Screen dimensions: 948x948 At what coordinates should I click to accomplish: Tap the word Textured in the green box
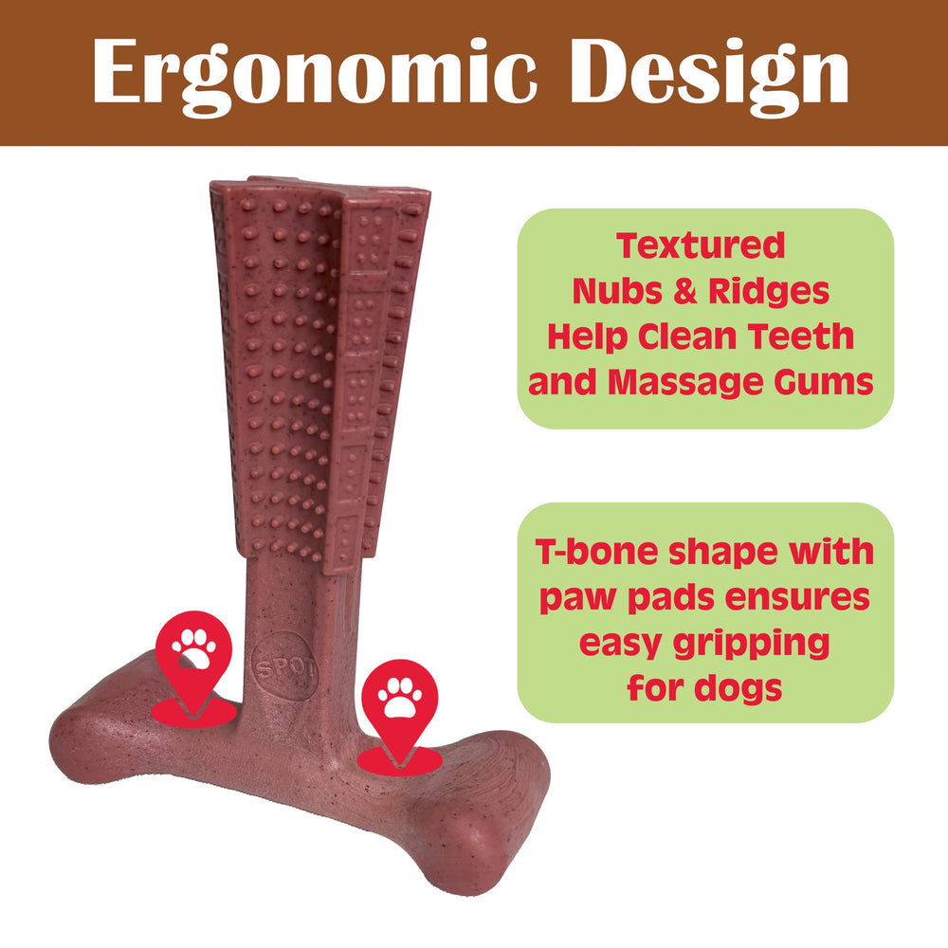click(x=701, y=246)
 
